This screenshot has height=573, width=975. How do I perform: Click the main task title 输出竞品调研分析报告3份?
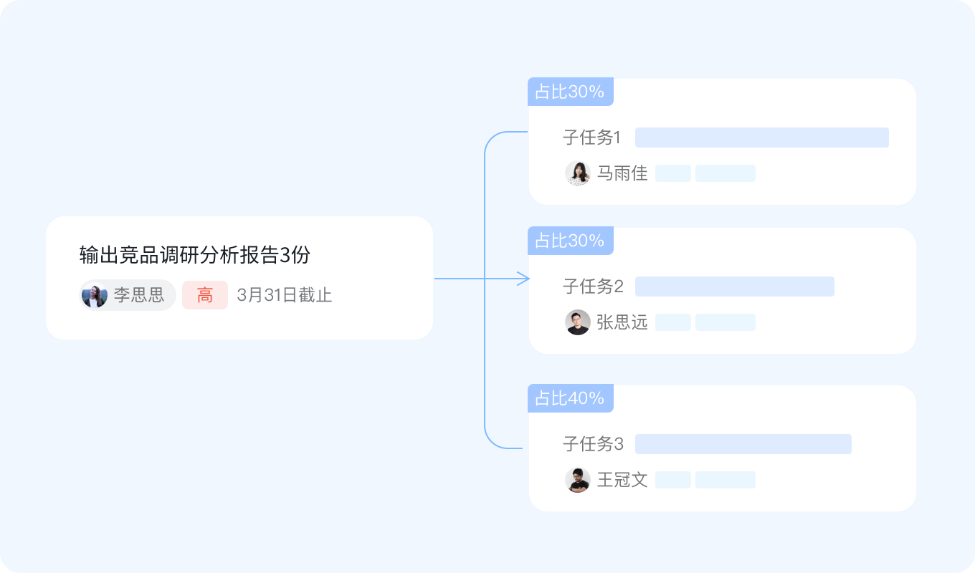tap(194, 254)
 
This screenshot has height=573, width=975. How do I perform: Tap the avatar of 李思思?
tap(94, 295)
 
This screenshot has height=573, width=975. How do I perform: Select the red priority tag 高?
tap(205, 295)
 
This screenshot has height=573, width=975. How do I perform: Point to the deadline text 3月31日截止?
tap(284, 295)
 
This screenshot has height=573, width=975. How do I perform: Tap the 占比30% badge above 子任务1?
tap(570, 92)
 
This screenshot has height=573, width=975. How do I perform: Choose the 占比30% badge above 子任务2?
tap(570, 241)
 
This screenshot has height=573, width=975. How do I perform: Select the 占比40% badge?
tap(570, 398)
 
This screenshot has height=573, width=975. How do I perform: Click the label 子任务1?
tap(591, 138)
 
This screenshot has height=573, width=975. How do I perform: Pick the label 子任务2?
tap(593, 286)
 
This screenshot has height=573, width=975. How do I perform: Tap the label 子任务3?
tap(593, 444)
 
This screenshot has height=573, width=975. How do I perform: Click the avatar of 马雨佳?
tap(577, 173)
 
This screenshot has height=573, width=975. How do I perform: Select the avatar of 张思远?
tap(577, 322)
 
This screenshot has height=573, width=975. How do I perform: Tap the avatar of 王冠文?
tap(577, 480)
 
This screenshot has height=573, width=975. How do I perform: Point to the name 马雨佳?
tap(622, 173)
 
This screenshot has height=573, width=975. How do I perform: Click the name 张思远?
tap(622, 322)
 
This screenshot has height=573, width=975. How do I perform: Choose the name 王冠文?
tap(622, 480)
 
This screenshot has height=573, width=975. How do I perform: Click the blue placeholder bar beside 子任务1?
tap(761, 138)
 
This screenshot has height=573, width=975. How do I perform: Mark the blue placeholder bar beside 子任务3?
tap(743, 444)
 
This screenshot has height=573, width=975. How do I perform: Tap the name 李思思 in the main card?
tap(138, 295)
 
